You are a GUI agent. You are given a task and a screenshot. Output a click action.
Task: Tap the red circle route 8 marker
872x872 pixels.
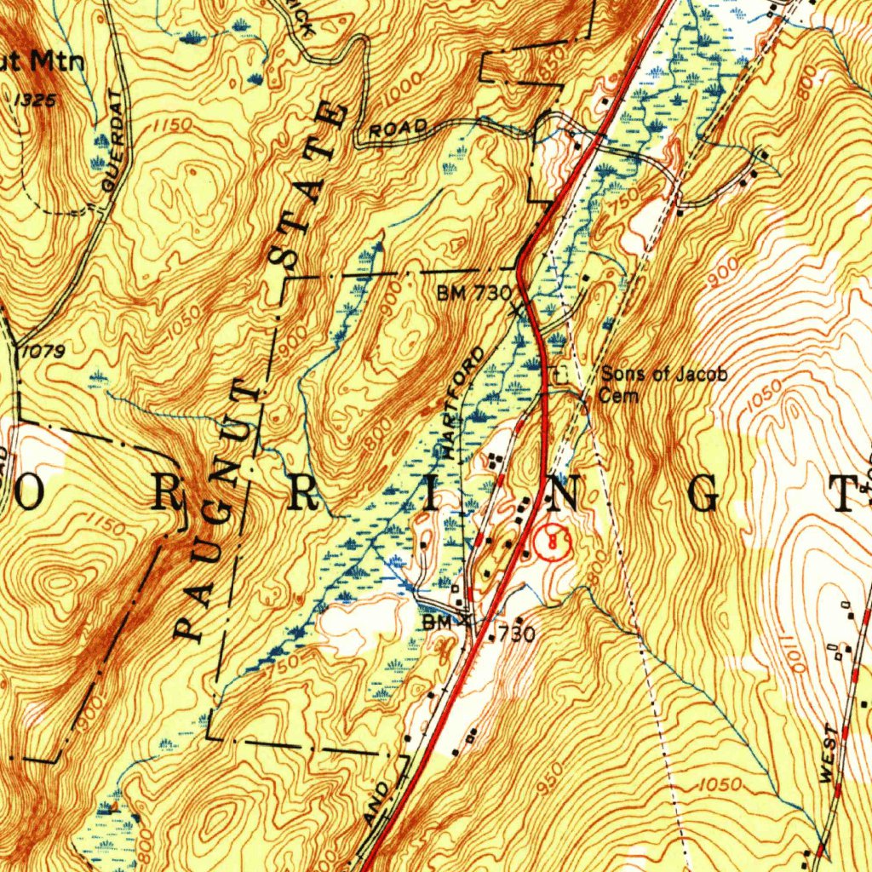(x=552, y=540)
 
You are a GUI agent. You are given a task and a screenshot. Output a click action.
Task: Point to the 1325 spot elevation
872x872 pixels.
(x=36, y=100)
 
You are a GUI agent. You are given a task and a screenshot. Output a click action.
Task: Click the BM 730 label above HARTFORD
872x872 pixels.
(x=473, y=294)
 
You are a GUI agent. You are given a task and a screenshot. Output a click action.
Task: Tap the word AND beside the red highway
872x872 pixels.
(x=377, y=801)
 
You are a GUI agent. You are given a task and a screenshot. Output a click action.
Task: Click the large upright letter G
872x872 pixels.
(x=706, y=495)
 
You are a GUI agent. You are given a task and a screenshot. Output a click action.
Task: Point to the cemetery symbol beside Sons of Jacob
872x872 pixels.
(x=560, y=373)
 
